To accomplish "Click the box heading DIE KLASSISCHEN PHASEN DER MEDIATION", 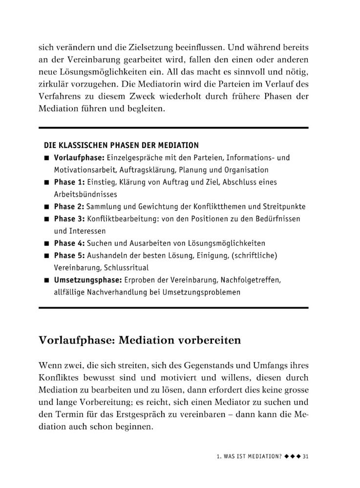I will click(x=121, y=145).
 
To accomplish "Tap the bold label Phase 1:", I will click(x=69, y=182).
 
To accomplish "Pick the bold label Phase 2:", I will click(x=69, y=206).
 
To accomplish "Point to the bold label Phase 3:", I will click(x=69, y=219).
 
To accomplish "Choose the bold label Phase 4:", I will click(x=69, y=243).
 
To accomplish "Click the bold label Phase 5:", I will click(x=69, y=255).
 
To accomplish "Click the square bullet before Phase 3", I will click(x=46, y=219).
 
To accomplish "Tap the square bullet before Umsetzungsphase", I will click(x=46, y=281).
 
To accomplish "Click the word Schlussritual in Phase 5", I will click(x=129, y=268).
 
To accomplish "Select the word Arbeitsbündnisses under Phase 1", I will click(x=82, y=194).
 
